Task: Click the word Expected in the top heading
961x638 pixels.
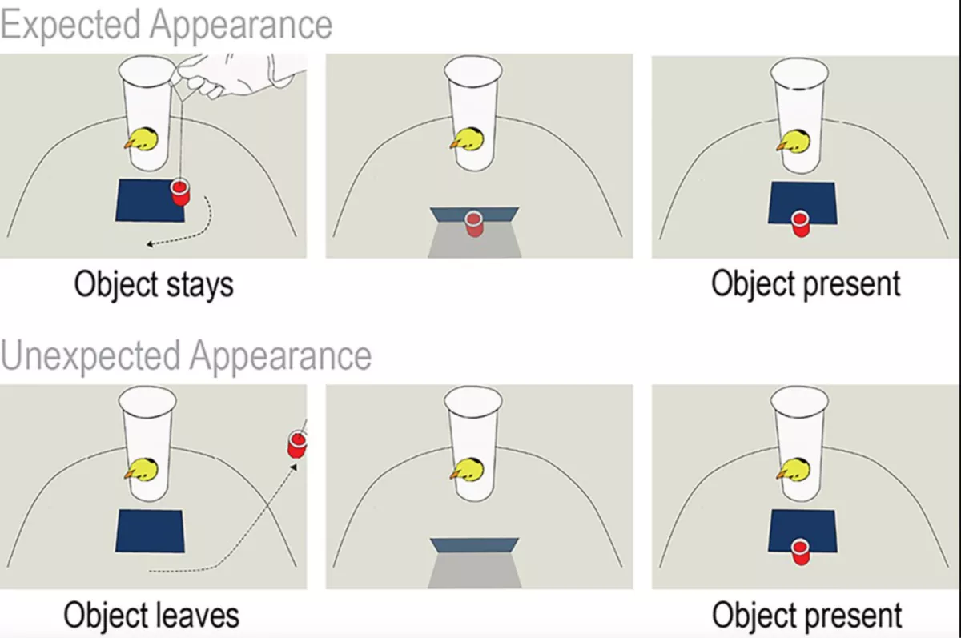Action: coord(70,25)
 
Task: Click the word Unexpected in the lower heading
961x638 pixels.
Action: coord(90,355)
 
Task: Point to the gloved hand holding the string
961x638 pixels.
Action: coord(240,76)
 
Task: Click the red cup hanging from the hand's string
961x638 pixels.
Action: coord(179,192)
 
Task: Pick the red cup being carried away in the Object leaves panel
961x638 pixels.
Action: coord(297,443)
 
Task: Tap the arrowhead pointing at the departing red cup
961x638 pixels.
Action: coord(294,467)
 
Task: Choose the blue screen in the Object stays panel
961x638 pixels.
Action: coord(148,200)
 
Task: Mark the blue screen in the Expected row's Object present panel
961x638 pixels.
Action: coord(802,200)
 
